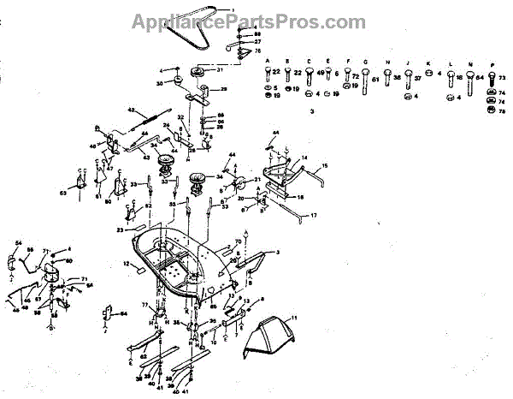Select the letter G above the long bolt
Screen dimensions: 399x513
365,63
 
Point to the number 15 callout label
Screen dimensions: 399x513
325,164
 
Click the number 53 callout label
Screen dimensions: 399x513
63,194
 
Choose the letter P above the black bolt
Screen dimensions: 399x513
492,63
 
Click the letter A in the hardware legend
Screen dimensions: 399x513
268,63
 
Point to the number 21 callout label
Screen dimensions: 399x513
256,178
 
